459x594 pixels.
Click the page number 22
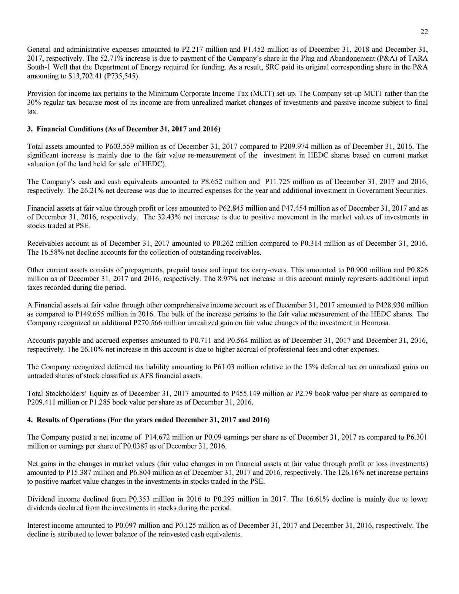[x=424, y=31]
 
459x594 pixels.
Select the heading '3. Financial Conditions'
[x=124, y=130]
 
